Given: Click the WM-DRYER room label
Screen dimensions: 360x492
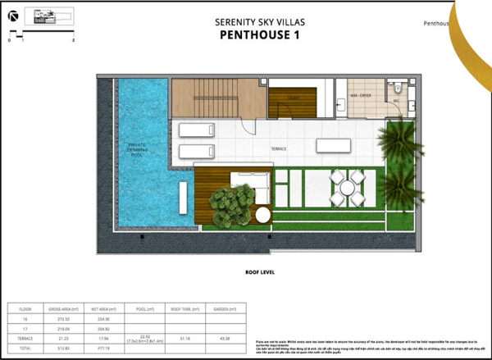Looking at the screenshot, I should point(362,97).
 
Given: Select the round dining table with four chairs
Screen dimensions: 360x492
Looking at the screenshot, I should point(348,188).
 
